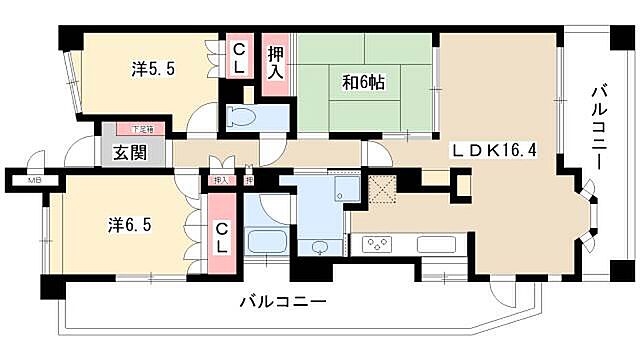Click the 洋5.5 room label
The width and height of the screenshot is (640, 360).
[153, 70]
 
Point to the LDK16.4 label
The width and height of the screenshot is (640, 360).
[494, 151]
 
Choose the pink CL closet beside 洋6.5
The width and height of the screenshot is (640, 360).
[223, 237]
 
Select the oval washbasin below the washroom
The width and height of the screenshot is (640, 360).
[320, 247]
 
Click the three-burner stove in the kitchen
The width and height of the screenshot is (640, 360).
[377, 242]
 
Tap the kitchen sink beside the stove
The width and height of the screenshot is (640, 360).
[435, 243]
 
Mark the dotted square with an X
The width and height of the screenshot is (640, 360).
[383, 188]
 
